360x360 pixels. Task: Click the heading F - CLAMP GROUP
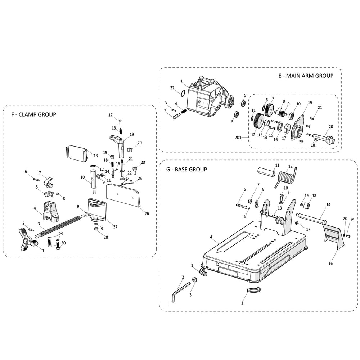click(32, 115)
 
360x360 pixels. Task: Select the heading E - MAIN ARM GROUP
click(305, 76)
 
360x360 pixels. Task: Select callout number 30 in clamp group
click(63, 243)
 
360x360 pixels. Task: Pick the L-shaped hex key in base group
click(180, 291)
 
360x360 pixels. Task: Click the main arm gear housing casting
click(209, 97)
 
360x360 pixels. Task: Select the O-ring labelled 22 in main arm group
click(183, 94)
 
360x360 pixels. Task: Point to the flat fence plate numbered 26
click(123, 195)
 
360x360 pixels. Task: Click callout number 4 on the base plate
click(211, 237)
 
